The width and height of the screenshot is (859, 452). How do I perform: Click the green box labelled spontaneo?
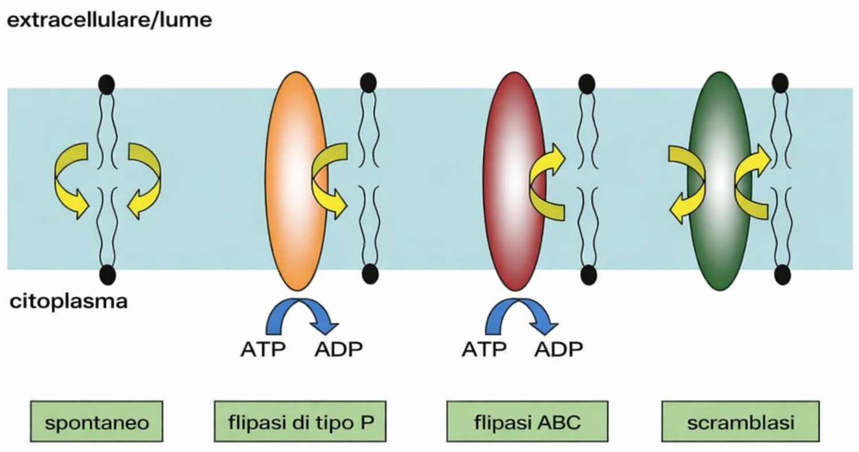pos(97,423)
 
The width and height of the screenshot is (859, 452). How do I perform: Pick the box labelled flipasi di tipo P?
pos(299,423)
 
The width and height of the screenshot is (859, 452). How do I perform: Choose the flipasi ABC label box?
pos(527,423)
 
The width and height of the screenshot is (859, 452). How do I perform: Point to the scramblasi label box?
pos(740,423)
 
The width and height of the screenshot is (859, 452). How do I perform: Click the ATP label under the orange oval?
pos(262,349)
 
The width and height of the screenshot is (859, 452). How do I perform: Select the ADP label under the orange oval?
pos(339,349)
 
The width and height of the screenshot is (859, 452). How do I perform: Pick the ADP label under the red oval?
pos(559,349)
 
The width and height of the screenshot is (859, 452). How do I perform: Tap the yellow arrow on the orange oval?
pos(330,178)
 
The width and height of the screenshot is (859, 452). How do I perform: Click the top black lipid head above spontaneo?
pos(106,85)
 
